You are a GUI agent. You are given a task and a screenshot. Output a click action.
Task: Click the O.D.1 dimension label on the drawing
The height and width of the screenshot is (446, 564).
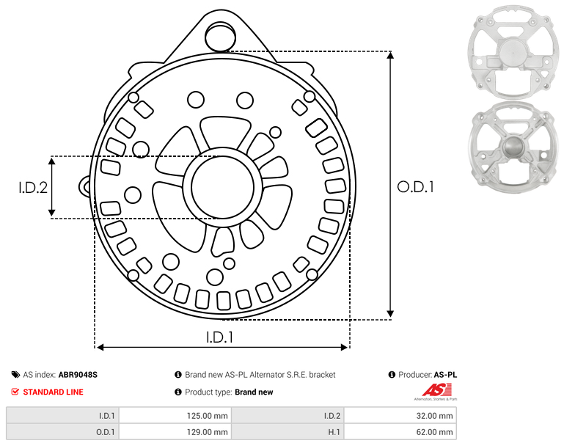pyautogui.click(x=415, y=187)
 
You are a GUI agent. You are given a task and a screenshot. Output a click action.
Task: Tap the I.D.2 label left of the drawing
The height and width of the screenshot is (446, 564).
pyautogui.click(x=33, y=188)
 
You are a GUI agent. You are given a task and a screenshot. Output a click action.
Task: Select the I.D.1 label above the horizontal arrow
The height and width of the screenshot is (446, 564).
pyautogui.click(x=220, y=337)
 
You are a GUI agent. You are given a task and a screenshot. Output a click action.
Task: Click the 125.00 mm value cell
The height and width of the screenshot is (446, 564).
pyautogui.click(x=175, y=416)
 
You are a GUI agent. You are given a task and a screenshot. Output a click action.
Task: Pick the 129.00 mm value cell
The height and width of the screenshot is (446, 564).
pyautogui.click(x=175, y=432)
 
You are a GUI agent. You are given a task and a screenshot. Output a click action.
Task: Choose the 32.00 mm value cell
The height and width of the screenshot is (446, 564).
pyautogui.click(x=400, y=416)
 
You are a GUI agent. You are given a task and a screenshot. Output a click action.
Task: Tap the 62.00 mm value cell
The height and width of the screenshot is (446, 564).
pyautogui.click(x=400, y=432)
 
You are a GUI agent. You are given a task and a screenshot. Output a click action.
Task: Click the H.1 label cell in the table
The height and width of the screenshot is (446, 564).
pyautogui.click(x=288, y=432)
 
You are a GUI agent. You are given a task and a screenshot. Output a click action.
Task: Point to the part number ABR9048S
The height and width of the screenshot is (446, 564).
pyautogui.click(x=78, y=375)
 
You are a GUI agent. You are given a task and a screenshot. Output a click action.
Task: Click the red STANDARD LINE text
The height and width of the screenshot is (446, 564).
pyautogui.click(x=54, y=392)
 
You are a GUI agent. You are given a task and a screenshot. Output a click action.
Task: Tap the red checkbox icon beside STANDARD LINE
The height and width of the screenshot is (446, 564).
pyautogui.click(x=15, y=392)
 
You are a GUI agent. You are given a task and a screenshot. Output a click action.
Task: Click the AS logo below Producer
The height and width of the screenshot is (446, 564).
pyautogui.click(x=436, y=392)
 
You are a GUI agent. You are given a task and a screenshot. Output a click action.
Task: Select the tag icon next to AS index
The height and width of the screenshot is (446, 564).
pyautogui.click(x=15, y=375)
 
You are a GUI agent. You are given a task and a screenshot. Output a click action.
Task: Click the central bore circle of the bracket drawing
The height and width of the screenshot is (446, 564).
pyautogui.click(x=223, y=187)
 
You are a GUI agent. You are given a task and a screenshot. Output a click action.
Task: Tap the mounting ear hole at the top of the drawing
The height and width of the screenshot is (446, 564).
pyautogui.click(x=220, y=37)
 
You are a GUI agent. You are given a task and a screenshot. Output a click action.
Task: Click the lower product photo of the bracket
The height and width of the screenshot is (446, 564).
pyautogui.click(x=513, y=147)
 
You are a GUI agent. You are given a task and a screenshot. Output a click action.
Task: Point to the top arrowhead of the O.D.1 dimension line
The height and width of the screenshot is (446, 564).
pyautogui.click(x=391, y=55)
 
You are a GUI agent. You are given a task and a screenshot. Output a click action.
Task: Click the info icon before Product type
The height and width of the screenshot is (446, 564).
pyautogui.click(x=178, y=392)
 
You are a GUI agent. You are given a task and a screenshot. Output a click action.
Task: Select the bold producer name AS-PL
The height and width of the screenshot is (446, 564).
pyautogui.click(x=445, y=375)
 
